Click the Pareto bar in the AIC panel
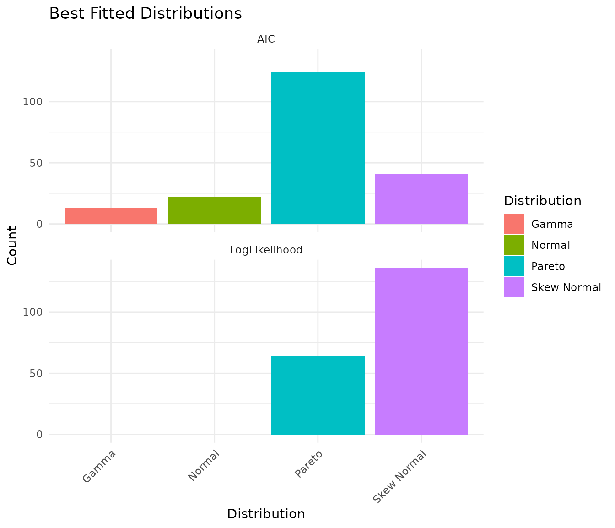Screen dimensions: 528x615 tap(318, 148)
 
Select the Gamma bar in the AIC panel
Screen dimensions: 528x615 tap(111, 216)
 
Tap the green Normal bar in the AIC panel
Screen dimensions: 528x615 tap(214, 210)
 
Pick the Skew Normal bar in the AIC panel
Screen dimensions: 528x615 tap(421, 199)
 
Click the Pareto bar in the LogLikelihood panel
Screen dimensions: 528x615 tap(318, 395)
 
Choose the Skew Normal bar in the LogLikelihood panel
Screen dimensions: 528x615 tap(421, 351)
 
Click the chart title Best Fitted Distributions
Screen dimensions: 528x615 tap(146, 14)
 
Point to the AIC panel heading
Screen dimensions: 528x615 tap(266, 39)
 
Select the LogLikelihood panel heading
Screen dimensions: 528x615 tap(266, 250)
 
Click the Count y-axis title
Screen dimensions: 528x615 tap(12, 245)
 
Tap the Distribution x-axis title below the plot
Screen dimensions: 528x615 tap(266, 514)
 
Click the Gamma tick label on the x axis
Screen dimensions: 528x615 tap(100, 466)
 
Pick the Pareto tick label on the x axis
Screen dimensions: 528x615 tap(309, 464)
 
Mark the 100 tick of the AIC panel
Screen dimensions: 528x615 tap(32, 102)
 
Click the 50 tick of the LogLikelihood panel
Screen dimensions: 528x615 tap(35, 374)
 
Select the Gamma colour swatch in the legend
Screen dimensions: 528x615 tap(514, 224)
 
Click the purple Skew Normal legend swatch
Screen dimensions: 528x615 tap(514, 287)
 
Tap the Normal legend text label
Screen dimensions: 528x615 tap(550, 245)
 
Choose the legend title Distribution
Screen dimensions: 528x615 tap(542, 201)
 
